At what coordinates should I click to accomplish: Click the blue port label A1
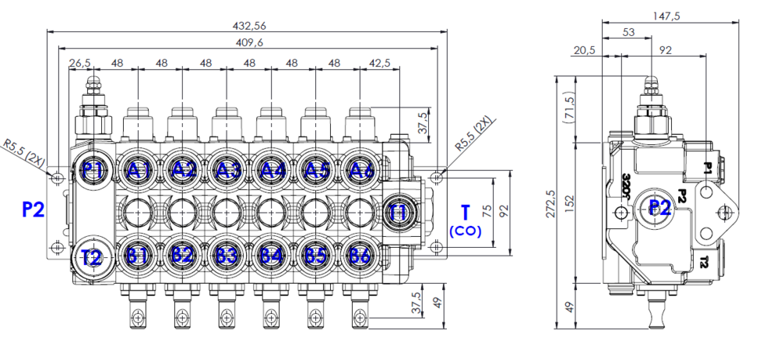(x=139, y=170)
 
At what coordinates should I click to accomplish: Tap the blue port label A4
(x=272, y=170)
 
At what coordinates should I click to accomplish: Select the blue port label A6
(x=361, y=170)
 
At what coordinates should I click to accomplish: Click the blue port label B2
(x=183, y=255)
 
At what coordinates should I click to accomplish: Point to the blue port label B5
(x=316, y=255)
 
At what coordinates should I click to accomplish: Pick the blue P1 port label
(x=93, y=170)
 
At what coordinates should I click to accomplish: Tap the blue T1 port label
(x=398, y=212)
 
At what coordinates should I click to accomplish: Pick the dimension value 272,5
(x=552, y=202)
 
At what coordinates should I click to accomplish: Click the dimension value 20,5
(x=585, y=49)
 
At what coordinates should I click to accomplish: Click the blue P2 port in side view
(x=659, y=208)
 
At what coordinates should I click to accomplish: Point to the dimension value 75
(x=488, y=211)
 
